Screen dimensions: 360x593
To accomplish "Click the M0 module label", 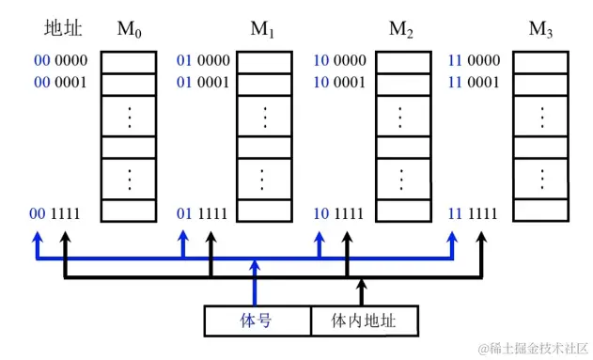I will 128,31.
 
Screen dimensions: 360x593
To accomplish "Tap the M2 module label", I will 402,31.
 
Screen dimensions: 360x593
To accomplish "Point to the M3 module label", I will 541,31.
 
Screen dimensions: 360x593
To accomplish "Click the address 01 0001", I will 203,82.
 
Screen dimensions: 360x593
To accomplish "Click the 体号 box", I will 257,321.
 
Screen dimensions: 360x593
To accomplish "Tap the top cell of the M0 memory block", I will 128,62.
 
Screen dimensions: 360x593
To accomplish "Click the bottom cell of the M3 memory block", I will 541,211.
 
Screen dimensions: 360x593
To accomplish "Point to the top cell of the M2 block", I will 402,62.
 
